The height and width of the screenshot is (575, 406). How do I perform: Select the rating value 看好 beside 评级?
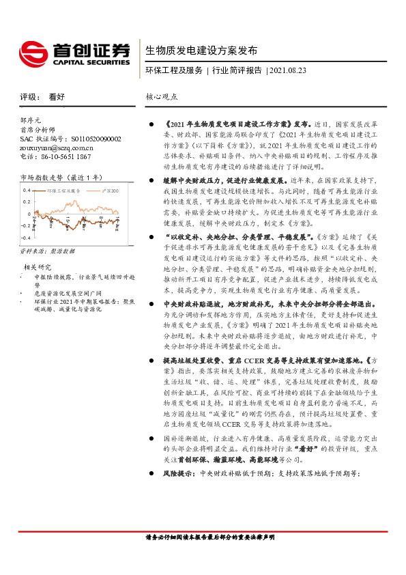(x=58, y=97)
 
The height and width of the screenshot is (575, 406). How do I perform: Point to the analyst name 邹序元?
(x=31, y=120)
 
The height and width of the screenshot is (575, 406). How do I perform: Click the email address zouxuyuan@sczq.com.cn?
(x=57, y=147)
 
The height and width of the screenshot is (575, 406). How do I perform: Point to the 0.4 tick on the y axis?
(x=27, y=191)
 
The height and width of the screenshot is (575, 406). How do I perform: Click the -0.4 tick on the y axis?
(x=25, y=237)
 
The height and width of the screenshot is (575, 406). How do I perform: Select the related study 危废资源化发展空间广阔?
(x=63, y=292)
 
